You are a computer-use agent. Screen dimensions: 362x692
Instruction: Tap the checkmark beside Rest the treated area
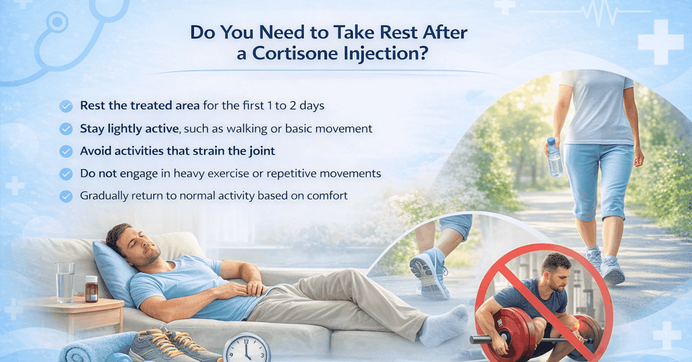coord(66,106)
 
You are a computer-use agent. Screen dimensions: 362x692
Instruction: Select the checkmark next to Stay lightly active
coord(66,129)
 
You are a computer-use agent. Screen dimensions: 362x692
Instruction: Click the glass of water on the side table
coord(65,282)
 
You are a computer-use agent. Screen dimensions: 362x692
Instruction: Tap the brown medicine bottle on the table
coord(91,289)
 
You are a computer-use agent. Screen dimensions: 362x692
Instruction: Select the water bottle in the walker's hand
coord(554,157)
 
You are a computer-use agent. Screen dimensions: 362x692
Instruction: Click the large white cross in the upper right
coord(660,42)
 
